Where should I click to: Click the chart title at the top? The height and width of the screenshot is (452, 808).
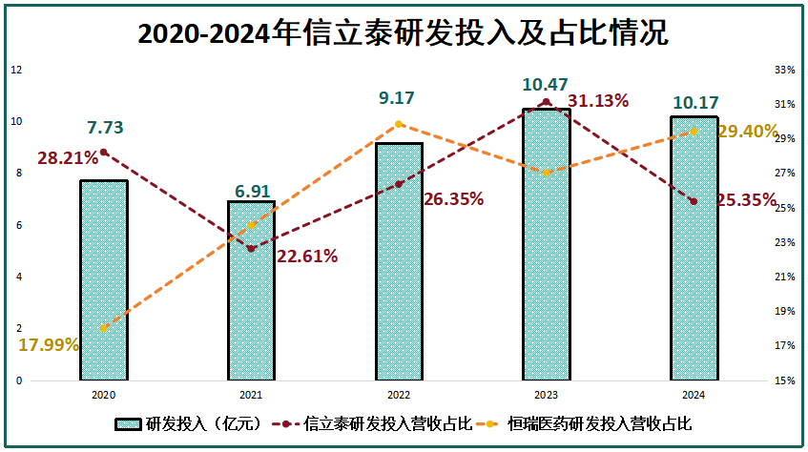pos(404,34)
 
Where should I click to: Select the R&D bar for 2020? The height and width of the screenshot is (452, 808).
pos(104,280)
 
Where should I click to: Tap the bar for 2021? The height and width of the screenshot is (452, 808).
pos(251,291)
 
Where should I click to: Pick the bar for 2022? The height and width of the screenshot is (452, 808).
pos(399,262)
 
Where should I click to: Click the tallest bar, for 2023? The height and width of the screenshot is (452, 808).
pos(546,245)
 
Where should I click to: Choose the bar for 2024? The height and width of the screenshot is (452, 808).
pos(694,249)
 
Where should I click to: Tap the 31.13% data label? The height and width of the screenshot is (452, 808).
pos(598,101)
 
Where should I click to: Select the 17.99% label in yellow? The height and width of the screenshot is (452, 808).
pos(48,345)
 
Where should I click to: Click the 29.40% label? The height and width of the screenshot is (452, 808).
pos(747,132)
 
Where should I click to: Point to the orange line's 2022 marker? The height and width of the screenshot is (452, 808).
pos(399,124)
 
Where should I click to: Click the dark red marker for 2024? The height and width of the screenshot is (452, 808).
pos(694,201)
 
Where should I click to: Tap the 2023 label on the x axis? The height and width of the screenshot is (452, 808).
pos(546,393)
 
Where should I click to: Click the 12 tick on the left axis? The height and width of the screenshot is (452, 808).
pos(16,70)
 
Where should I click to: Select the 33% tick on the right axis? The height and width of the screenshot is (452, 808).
pos(784,70)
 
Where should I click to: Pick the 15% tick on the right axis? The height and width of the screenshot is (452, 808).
pos(784,380)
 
